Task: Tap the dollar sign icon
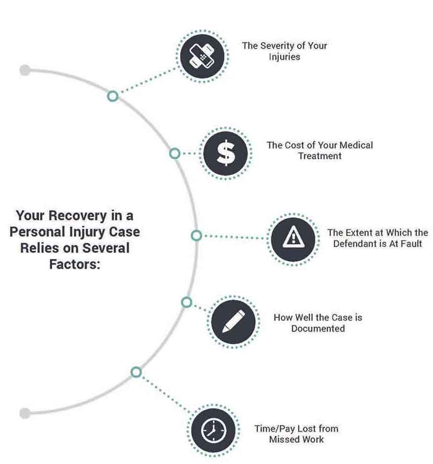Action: pyautogui.click(x=226, y=152)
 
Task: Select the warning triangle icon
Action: pyautogui.click(x=293, y=239)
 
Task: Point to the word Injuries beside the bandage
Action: pyautogui.click(x=284, y=57)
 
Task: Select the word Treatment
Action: pyautogui.click(x=319, y=156)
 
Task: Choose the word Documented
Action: pyautogui.click(x=318, y=328)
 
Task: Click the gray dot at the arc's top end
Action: pyautogui.click(x=24, y=70)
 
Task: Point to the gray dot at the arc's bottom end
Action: pyautogui.click(x=24, y=414)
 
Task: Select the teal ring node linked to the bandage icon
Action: pyautogui.click(x=113, y=96)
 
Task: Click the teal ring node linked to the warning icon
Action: pyautogui.click(x=196, y=236)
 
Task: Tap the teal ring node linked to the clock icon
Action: pyautogui.click(x=136, y=372)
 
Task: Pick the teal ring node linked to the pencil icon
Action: pyautogui.click(x=187, y=302)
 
